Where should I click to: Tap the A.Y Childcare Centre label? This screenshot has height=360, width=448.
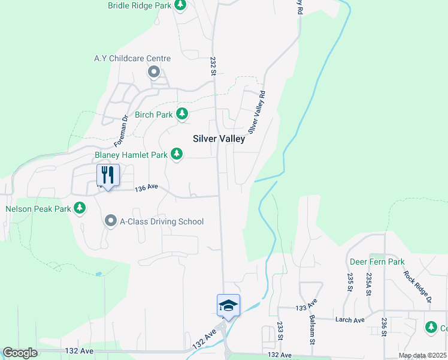(132, 58)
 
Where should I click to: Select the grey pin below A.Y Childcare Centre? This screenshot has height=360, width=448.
(154, 73)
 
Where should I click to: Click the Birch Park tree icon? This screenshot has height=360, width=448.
(182, 114)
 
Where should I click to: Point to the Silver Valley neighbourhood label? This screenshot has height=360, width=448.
(219, 139)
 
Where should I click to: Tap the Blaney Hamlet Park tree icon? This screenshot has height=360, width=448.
(177, 155)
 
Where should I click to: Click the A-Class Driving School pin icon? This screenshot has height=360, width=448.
(111, 221)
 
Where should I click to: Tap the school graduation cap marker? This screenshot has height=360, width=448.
(228, 305)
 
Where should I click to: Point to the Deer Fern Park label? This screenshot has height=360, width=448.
(377, 262)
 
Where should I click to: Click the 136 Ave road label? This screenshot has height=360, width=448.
(146, 188)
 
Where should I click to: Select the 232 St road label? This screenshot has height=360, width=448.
(213, 66)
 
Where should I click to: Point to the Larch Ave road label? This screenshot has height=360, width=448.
(350, 320)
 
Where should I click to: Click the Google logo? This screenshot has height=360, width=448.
(20, 353)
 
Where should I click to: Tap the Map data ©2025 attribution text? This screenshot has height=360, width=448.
(422, 356)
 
